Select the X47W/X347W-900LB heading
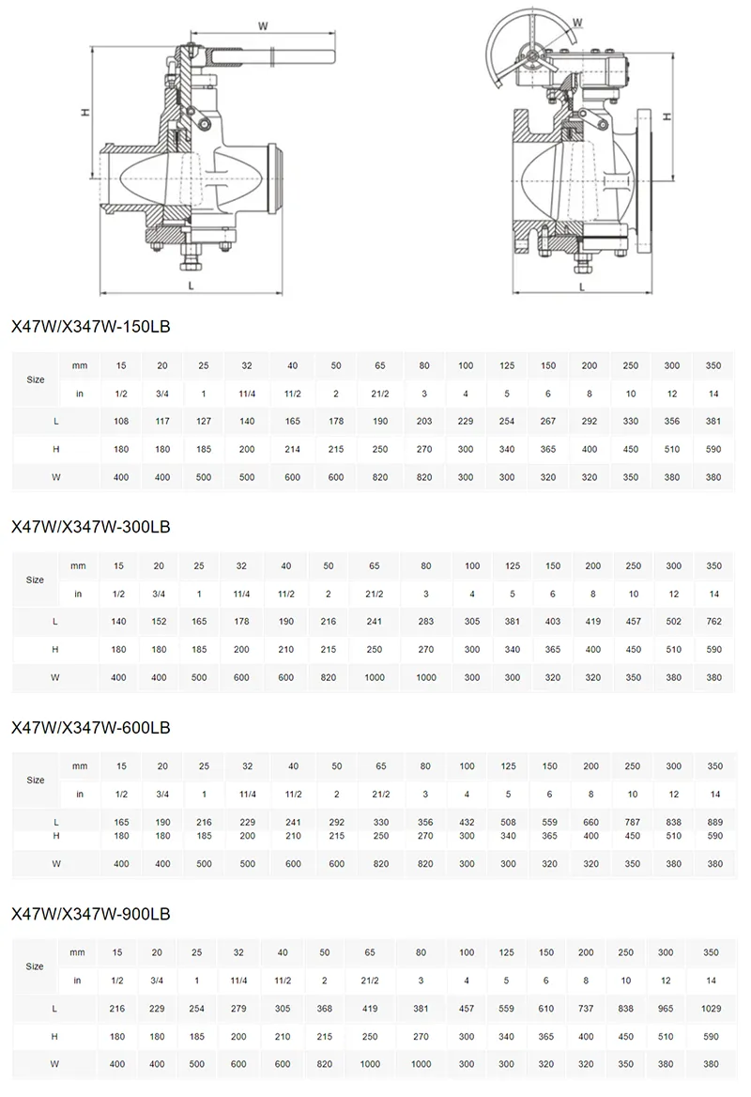click(x=90, y=913)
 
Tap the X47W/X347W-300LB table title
click(x=90, y=526)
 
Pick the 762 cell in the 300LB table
click(x=714, y=622)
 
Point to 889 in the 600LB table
click(x=714, y=822)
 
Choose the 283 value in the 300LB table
click(x=426, y=622)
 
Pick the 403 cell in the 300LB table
click(x=553, y=622)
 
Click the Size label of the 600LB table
click(x=36, y=780)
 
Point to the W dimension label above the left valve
click(x=263, y=25)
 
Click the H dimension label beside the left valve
click(x=84, y=112)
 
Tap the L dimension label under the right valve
click(x=582, y=286)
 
